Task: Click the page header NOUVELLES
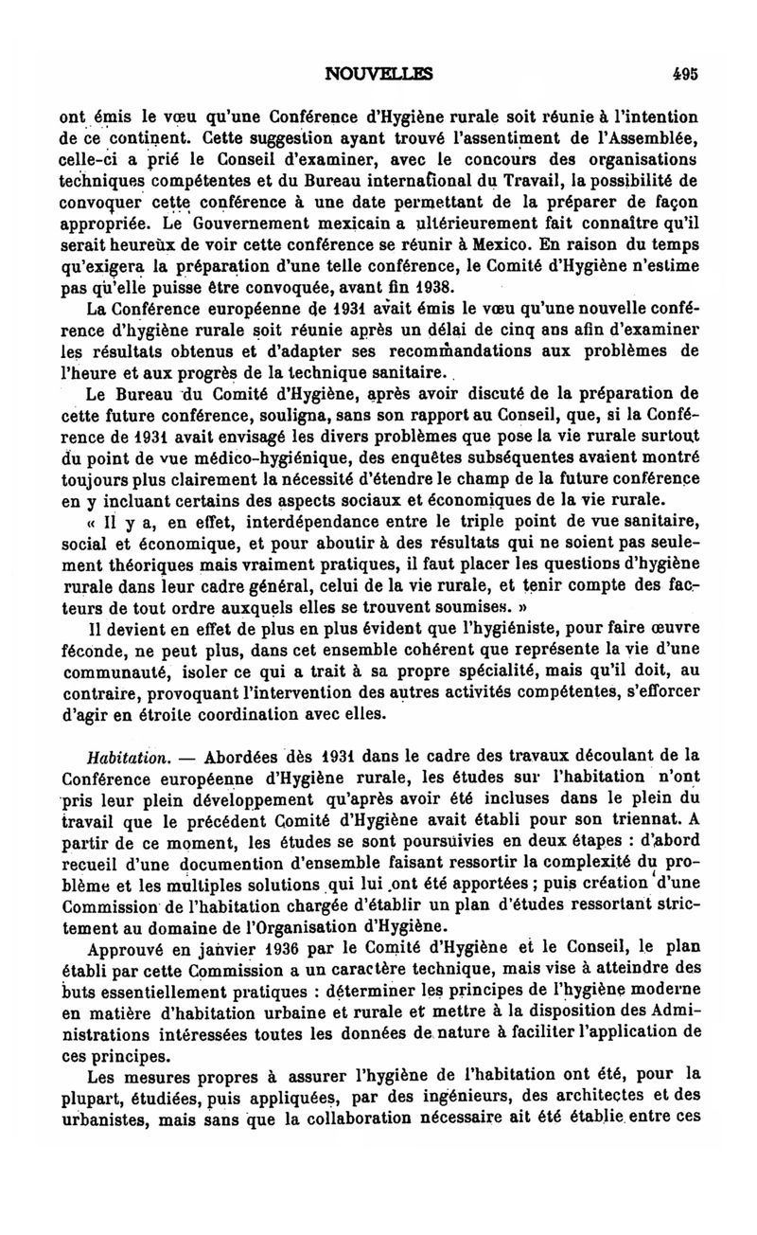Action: [x=378, y=71]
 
